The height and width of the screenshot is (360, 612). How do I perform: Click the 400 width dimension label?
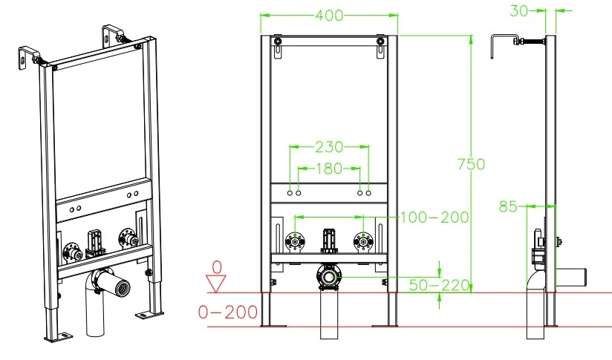[x=329, y=15]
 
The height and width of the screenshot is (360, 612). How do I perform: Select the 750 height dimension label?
[x=471, y=164]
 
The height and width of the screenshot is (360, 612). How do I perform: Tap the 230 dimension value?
[x=329, y=147]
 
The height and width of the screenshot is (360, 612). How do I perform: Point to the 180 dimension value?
[x=329, y=168]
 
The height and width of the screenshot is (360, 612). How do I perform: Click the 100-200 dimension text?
[x=434, y=217]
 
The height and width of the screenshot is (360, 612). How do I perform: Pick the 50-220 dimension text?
[x=439, y=285]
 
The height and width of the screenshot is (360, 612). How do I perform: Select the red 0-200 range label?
[x=228, y=312]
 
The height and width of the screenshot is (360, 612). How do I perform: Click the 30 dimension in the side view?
[x=519, y=11]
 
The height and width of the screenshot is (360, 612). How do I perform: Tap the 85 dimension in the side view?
[x=508, y=206]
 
